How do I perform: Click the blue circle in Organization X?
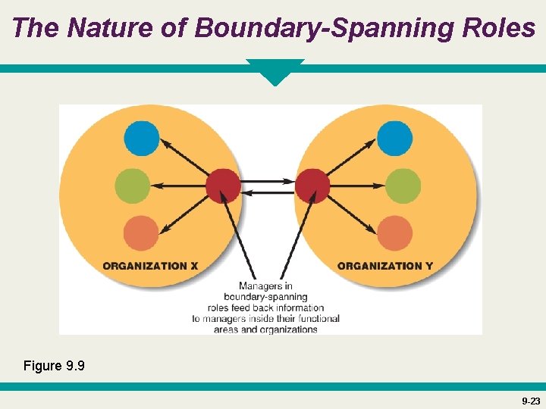pos(142,139)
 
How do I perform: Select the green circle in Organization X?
pos(133,186)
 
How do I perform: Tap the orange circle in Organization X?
pos(141,233)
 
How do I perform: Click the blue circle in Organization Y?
pos(394,139)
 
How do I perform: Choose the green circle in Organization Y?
pos(403,186)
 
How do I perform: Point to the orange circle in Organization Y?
pos(394,233)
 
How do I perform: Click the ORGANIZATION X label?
pos(150,266)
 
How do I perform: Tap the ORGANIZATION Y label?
pos(385,266)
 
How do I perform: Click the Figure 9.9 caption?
pos(54,367)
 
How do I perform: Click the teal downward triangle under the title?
pos(275,71)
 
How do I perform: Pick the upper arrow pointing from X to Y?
pos(268,181)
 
